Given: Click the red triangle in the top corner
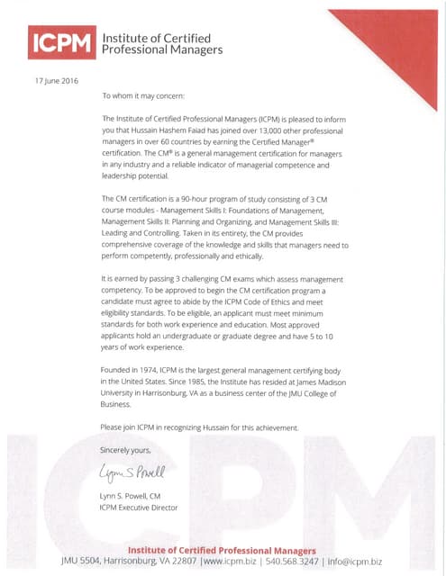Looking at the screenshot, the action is coord(396,36).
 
